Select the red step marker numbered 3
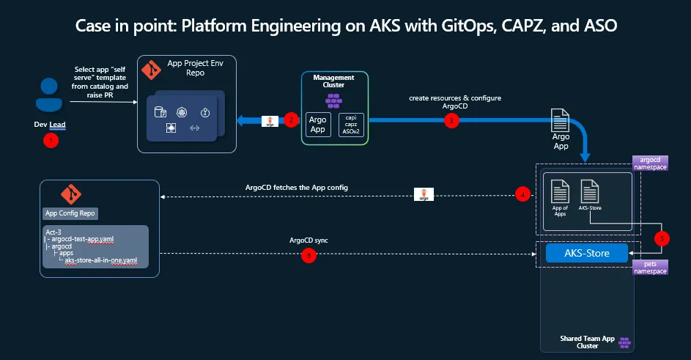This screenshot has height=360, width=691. [x=451, y=120]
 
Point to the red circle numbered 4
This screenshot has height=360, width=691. [x=522, y=194]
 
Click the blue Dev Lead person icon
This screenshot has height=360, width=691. [x=50, y=95]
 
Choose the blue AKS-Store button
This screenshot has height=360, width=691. [x=587, y=253]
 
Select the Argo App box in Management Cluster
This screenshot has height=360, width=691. [x=318, y=125]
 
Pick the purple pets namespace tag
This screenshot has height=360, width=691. [x=649, y=266]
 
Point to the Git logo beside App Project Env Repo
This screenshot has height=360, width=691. [x=151, y=70]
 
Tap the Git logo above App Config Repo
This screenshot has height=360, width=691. [x=71, y=195]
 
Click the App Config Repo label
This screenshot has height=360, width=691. [x=71, y=213]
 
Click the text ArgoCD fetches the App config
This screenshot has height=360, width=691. [x=296, y=188]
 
